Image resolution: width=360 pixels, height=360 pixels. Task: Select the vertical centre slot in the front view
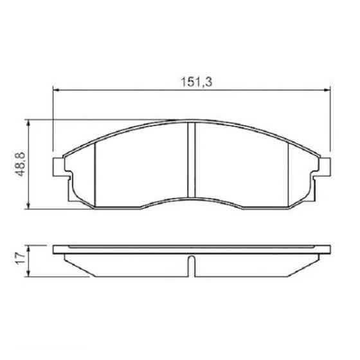(x=191, y=161)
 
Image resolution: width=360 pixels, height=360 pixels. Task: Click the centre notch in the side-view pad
(x=191, y=265)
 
